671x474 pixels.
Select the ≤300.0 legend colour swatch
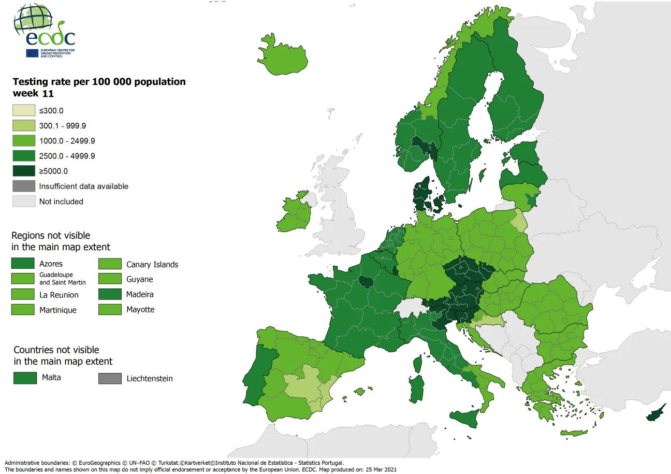(23, 110)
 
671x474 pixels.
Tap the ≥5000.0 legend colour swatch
(23, 171)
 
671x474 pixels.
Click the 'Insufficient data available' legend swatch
(23, 186)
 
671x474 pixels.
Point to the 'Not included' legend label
(61, 202)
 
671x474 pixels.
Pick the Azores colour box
(23, 264)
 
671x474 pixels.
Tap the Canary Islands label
(152, 265)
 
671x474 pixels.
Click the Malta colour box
(25, 378)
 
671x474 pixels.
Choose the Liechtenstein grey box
(110, 379)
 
